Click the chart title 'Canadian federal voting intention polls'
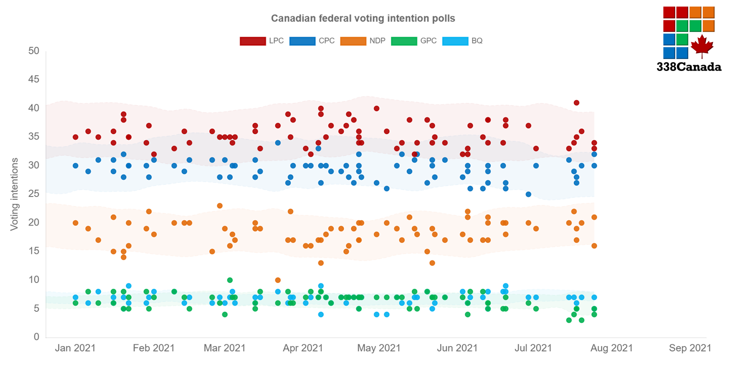(x=363, y=18)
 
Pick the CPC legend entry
(x=312, y=41)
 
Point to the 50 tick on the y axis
(x=34, y=51)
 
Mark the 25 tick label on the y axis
(x=34, y=194)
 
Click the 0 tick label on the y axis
(x=37, y=337)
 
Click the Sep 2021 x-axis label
(x=690, y=348)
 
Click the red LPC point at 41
(x=576, y=103)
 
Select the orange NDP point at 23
(x=220, y=206)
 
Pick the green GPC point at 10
(x=230, y=280)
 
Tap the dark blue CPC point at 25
(x=528, y=195)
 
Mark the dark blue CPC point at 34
(x=278, y=143)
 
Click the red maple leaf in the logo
(x=702, y=46)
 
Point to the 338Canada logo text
(x=689, y=67)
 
